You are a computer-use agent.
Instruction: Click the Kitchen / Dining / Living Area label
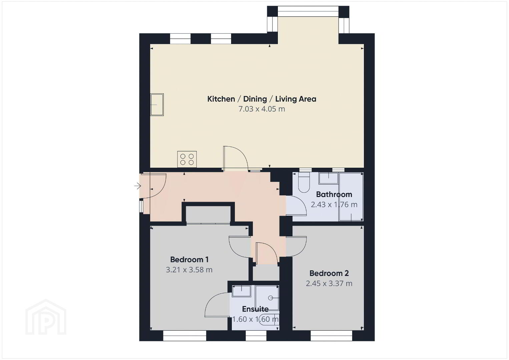[262, 99]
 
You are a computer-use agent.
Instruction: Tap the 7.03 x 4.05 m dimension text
[262, 109]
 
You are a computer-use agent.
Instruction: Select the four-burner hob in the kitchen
[187, 159]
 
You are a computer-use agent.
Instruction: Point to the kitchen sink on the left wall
[157, 104]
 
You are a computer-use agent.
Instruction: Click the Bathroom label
[334, 194]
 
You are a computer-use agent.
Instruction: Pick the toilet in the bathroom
[304, 182]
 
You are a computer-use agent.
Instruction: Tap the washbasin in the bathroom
[329, 178]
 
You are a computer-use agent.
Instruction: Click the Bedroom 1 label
[189, 259]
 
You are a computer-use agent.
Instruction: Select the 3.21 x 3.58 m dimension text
[189, 270]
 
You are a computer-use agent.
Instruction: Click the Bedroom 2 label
[329, 273]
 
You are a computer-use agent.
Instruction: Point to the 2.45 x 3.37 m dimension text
[329, 283]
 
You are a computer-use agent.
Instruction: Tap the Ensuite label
[255, 309]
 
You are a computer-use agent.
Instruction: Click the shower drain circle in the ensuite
[271, 298]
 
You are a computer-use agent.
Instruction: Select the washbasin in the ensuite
[241, 291]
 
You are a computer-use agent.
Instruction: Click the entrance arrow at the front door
[137, 186]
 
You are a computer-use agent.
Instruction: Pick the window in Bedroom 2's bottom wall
[331, 335]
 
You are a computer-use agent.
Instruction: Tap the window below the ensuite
[256, 335]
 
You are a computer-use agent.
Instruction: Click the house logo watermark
[46, 317]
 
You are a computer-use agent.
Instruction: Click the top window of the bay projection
[308, 11]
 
